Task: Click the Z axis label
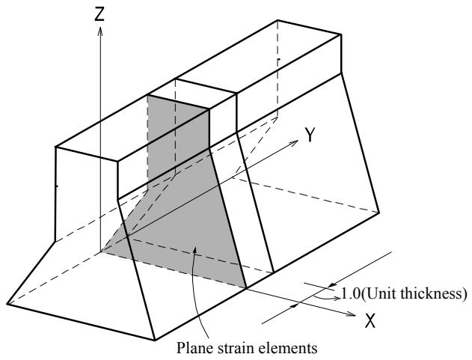coord(99,14)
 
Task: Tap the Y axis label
coord(310,135)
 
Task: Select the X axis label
coord(370,320)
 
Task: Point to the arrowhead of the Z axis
coord(100,31)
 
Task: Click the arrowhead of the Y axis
coord(294,143)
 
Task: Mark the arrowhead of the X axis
coord(352,314)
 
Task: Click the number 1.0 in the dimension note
coord(350,293)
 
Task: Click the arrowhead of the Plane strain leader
coord(195,249)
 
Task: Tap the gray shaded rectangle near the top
coord(178,135)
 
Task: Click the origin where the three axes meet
coord(100,251)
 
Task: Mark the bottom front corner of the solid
coord(155,341)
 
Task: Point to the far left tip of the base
coord(7,304)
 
